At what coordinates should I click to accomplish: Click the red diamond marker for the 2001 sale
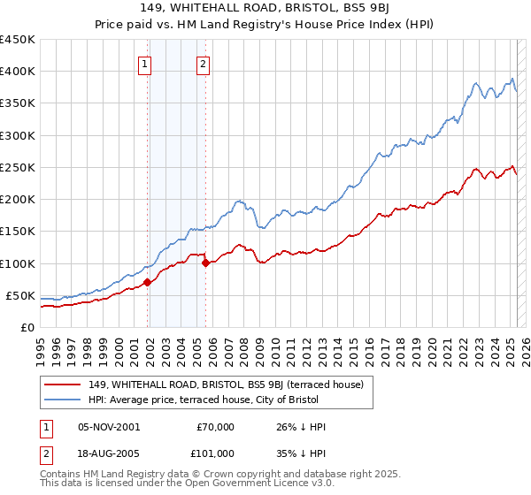148,282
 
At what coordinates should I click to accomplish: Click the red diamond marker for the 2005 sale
205,263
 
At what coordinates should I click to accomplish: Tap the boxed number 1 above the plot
143,63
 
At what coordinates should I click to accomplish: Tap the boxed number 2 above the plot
203,63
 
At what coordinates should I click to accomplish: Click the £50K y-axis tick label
20,295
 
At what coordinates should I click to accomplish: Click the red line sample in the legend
63,384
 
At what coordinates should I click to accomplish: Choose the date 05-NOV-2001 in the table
110,427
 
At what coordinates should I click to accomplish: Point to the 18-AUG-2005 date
110,453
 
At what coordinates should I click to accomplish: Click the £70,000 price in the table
215,427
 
